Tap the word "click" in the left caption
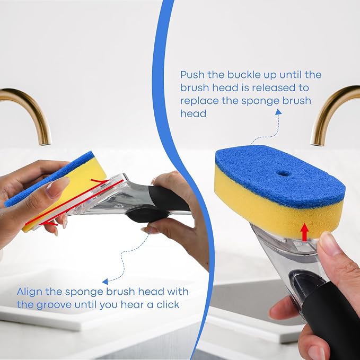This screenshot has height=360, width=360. pyautogui.click(x=168, y=305)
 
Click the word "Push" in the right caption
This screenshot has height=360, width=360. pyautogui.click(x=192, y=75)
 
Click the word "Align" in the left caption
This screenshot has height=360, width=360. pyautogui.click(x=29, y=292)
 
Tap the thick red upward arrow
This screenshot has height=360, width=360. pyautogui.click(x=305, y=232)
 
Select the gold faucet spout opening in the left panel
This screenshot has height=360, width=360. pyautogui.click(x=45, y=144)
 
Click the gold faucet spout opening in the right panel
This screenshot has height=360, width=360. pyautogui.click(x=317, y=144)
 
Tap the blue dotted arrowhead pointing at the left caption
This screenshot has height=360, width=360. pyautogui.click(x=106, y=282)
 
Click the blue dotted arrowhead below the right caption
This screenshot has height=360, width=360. pyautogui.click(x=278, y=112)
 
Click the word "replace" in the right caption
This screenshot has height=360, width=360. pyautogui.click(x=199, y=101)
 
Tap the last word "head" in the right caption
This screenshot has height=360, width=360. pyautogui.click(x=193, y=113)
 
